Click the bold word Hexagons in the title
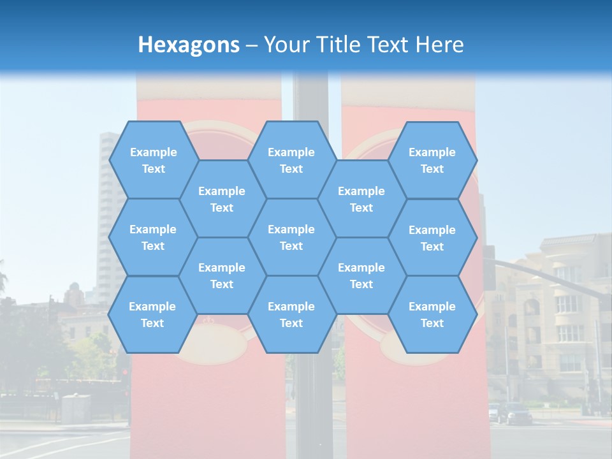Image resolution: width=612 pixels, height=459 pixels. (189, 45)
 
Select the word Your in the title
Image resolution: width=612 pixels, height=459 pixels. (286, 45)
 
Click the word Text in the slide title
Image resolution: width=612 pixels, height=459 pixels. (390, 45)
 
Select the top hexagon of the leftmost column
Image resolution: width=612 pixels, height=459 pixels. (153, 160)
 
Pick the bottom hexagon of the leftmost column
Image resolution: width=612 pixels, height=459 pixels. (152, 314)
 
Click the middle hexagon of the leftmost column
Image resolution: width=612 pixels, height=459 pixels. (153, 237)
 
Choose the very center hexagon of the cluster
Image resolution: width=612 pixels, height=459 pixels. (291, 237)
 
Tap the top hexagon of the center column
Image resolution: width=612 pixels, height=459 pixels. (291, 160)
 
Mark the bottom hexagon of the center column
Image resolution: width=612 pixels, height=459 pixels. (291, 314)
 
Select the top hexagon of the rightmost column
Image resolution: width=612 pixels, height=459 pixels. (432, 160)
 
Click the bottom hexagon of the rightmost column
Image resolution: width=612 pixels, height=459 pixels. (432, 314)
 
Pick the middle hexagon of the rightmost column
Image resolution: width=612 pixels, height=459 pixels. (432, 238)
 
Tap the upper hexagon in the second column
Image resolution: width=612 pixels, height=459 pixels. (222, 199)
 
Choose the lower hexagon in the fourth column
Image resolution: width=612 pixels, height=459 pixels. (361, 275)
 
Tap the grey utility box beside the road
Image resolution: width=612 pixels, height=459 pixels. (76, 408)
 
